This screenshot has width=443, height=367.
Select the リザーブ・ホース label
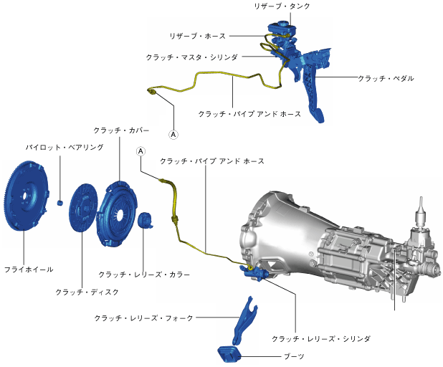pyautogui.click(x=198, y=35)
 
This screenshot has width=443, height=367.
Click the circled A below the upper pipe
pyautogui.click(x=173, y=133)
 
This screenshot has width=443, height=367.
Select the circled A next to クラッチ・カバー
pyautogui.click(x=141, y=151)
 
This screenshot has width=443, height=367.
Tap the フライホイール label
pyautogui.click(x=28, y=269)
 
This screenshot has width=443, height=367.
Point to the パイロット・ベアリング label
pyautogui.click(x=65, y=147)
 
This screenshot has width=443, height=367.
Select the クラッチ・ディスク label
pyautogui.click(x=87, y=292)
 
